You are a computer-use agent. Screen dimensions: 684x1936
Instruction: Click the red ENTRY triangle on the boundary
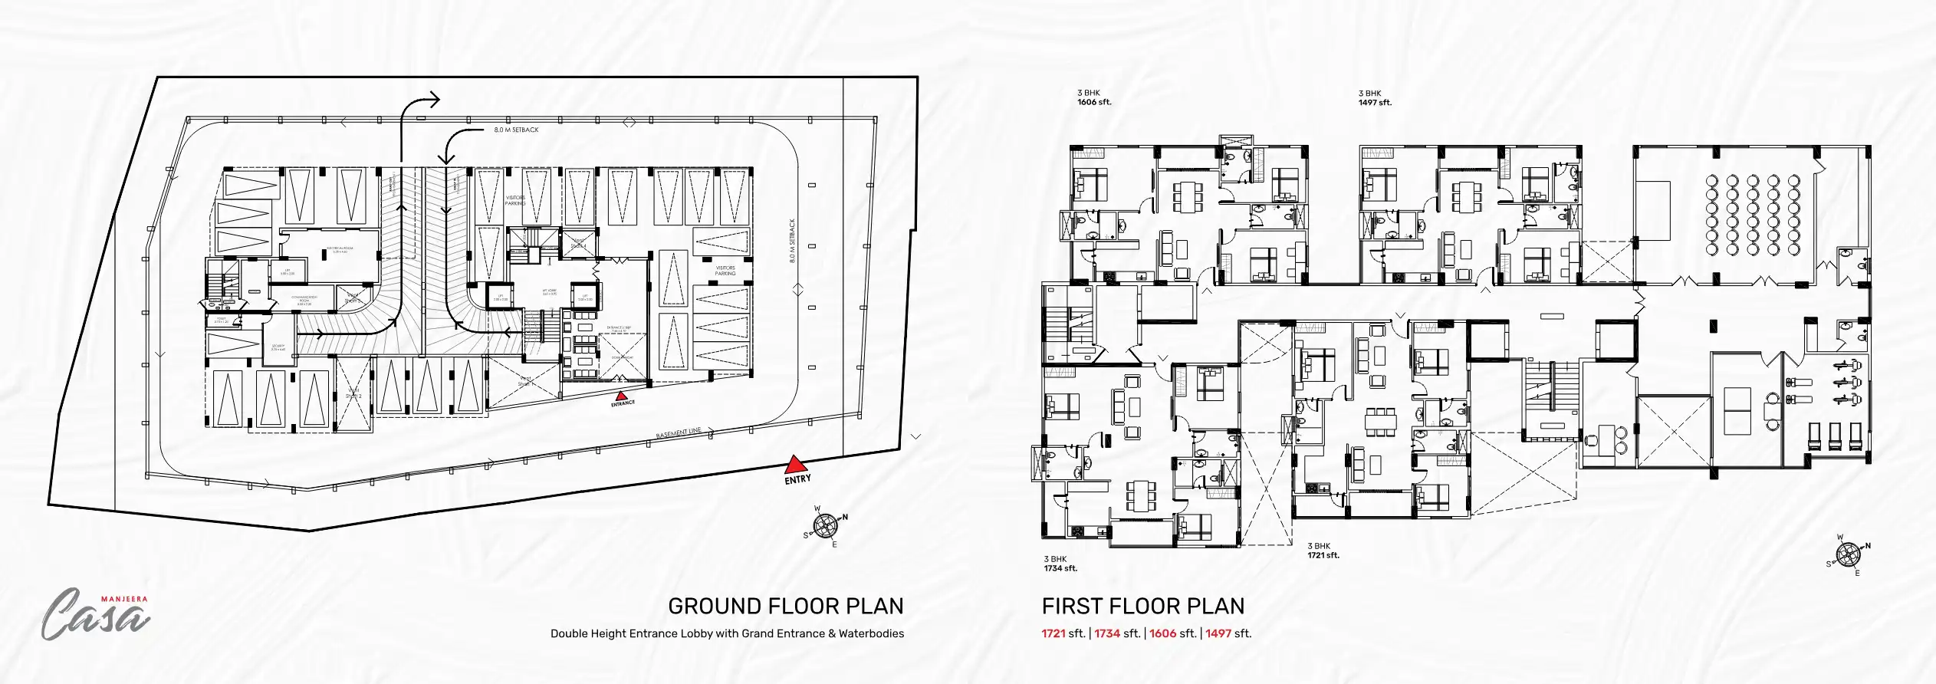pos(795,465)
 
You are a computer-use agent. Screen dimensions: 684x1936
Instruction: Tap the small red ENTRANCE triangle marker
pos(622,396)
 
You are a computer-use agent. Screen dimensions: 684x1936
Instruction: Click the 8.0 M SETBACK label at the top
pos(516,130)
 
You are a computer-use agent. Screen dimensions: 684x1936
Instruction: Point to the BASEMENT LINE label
pos(679,433)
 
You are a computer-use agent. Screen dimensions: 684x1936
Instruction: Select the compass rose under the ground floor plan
pos(825,526)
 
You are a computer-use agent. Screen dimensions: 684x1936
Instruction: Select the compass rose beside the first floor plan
pos(1848,554)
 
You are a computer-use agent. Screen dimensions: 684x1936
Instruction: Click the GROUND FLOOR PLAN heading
pos(785,606)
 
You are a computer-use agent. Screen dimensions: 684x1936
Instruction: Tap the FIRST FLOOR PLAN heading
pos(1142,606)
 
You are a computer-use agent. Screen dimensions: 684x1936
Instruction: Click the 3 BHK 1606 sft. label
pos(1093,97)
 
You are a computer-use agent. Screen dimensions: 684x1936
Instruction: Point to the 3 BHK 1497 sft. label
pos(1374,97)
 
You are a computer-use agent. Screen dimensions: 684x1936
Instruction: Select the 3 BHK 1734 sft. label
pos(1060,564)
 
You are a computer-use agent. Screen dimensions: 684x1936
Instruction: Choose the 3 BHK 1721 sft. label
pos(1323,551)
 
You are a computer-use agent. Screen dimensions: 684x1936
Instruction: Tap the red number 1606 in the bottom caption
pos(1162,633)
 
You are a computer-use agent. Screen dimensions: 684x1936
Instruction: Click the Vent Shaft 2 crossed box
pos(353,395)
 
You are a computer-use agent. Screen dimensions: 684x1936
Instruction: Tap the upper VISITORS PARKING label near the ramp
pos(515,200)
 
